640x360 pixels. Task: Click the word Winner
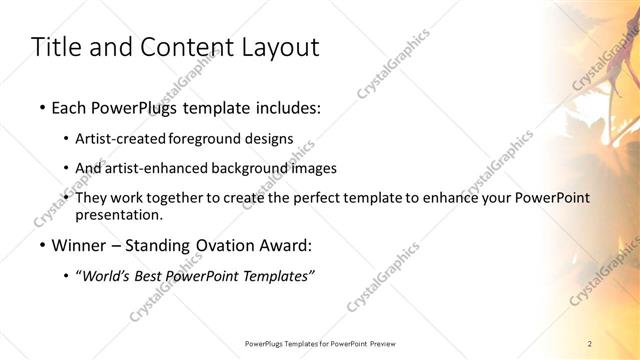pos(80,243)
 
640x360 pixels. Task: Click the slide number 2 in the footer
pos(591,343)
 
